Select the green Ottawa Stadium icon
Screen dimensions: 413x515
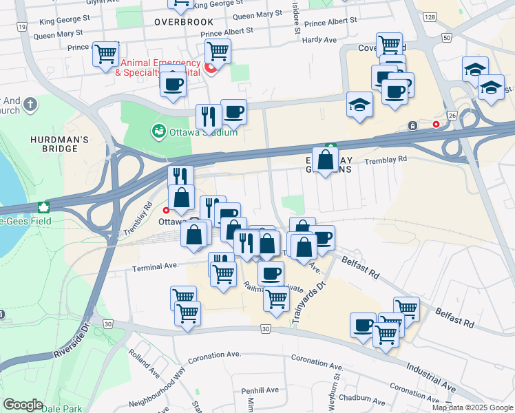point(159,130)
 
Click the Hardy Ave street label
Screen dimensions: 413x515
point(319,40)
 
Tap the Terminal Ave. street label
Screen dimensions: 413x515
point(156,266)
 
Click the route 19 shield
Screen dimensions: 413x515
point(23,26)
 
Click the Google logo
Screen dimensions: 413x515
point(23,405)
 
